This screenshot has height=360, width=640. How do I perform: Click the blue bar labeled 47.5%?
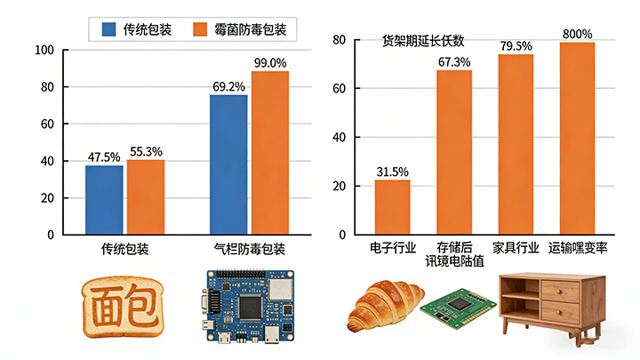pos(104,200)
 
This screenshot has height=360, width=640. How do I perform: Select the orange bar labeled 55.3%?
pos(145,196)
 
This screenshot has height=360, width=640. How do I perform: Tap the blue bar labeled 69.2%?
pos(228,164)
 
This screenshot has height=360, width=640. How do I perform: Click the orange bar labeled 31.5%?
pos(392,206)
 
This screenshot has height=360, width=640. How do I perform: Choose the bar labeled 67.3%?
pos(453,151)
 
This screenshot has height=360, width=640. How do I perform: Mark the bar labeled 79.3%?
pos(516,144)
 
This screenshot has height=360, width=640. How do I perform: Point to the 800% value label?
pos(577,34)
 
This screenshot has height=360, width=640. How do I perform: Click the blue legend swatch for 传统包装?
pos(109,29)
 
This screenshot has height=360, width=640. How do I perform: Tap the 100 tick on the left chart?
pos(44,51)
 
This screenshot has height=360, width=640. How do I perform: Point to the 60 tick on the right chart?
pos(339,89)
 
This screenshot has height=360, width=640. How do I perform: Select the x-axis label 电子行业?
pos(392,247)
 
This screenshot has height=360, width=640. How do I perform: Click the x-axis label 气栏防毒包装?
pos(250,249)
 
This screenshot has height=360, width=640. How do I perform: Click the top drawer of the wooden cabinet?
pos(561,290)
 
